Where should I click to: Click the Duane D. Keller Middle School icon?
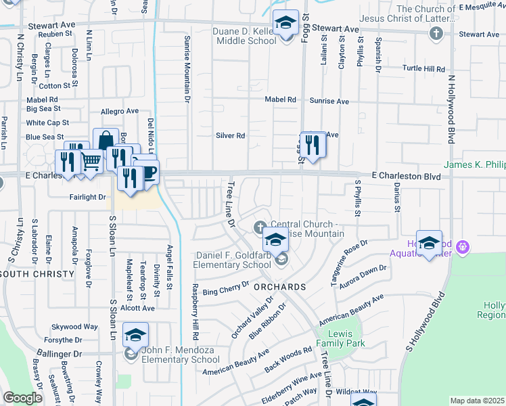pos(286,23)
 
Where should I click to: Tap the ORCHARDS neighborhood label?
pos(280,287)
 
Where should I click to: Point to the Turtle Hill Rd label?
pos(423,69)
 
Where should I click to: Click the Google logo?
pos(22,398)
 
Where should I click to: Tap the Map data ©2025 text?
pos(477,401)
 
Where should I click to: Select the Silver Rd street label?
pos(230,135)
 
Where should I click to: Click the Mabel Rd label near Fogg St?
pos(281,99)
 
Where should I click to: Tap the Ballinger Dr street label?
pos(60,354)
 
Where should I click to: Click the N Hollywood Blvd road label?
pos(449,108)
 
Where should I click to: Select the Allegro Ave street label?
pos(119,111)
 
